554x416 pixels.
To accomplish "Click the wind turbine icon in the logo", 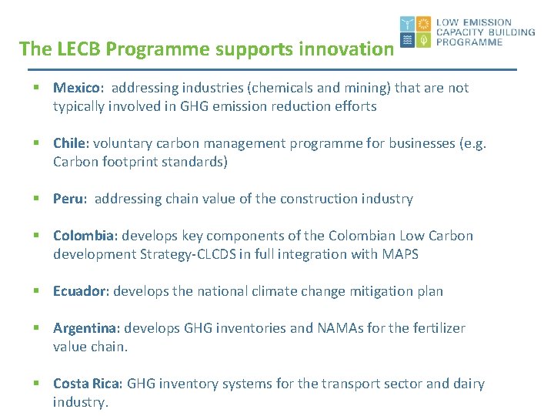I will [407, 24].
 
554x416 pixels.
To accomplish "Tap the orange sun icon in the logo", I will [423, 24].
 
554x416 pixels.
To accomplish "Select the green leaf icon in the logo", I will [423, 40].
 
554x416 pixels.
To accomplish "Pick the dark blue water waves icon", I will [407, 40].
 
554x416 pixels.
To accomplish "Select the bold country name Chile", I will [70, 143].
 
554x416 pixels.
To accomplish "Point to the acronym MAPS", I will [399, 254].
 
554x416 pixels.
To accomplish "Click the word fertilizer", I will [436, 328].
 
